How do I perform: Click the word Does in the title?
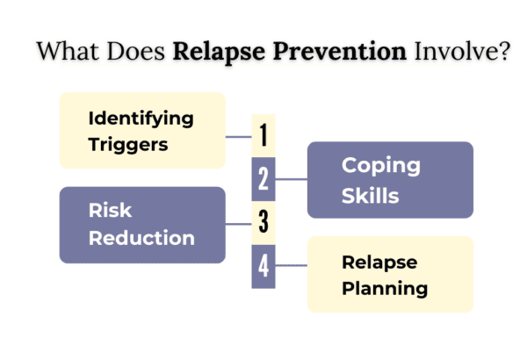[137, 51]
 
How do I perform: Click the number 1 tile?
[263, 134]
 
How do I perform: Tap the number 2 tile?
[263, 179]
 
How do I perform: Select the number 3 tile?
[263, 223]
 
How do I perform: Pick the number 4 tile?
[263, 267]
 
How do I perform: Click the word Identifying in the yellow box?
[141, 118]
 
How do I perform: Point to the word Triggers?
[127, 144]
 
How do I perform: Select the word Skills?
[370, 195]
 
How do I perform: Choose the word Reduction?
[141, 238]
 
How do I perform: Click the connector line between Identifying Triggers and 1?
[238, 136]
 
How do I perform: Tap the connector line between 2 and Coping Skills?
[291, 179]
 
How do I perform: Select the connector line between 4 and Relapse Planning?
[291, 267]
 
